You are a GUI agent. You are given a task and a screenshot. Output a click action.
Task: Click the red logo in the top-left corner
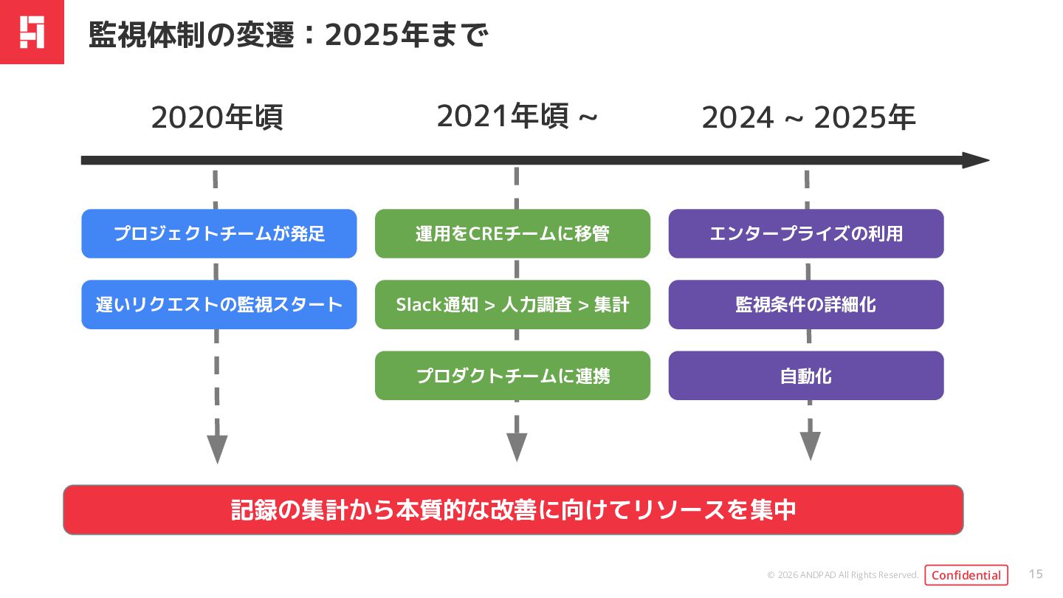click(x=32, y=32)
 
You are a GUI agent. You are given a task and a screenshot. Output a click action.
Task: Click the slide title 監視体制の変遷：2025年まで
click(x=288, y=34)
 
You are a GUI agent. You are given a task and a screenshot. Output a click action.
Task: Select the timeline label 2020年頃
click(x=217, y=118)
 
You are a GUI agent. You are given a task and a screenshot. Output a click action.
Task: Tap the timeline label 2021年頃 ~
click(x=517, y=117)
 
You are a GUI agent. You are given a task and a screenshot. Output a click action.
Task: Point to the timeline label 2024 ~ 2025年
click(x=808, y=118)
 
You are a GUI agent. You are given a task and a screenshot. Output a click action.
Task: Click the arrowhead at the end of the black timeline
click(x=976, y=160)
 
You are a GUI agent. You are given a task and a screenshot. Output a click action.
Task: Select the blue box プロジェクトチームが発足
click(x=219, y=234)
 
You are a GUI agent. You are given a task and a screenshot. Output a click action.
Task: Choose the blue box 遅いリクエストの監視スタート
click(x=219, y=304)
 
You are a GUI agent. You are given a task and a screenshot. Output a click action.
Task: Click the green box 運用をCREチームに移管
click(x=512, y=234)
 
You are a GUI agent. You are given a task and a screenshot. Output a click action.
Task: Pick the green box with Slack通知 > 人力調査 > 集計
click(x=512, y=304)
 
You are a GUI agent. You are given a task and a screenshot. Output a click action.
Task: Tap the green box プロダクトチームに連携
click(x=512, y=376)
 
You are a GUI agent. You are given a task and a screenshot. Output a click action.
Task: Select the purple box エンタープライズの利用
click(x=806, y=234)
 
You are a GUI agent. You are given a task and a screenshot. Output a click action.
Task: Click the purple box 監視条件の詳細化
click(x=806, y=304)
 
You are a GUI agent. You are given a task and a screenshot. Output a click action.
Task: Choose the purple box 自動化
click(x=806, y=376)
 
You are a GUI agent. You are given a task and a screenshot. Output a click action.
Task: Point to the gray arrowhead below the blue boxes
click(x=217, y=448)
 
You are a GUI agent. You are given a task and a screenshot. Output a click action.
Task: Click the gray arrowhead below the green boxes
click(x=517, y=446)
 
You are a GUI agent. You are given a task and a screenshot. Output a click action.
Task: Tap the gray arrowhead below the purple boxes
click(x=811, y=445)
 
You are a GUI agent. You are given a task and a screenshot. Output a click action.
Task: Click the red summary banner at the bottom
click(x=513, y=510)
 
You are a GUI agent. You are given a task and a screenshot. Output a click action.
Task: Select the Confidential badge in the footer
click(x=966, y=575)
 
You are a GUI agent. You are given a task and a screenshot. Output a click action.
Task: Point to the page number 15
click(x=1036, y=574)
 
